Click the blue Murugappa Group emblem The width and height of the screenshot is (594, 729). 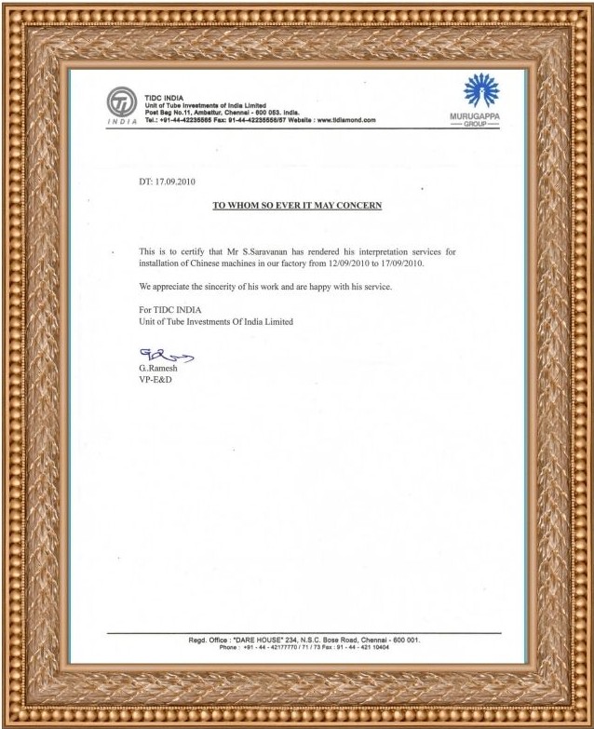click(x=481, y=91)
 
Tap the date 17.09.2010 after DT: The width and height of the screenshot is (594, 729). click(x=175, y=182)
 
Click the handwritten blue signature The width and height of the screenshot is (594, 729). click(x=166, y=354)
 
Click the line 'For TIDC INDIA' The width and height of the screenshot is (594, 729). click(x=169, y=309)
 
